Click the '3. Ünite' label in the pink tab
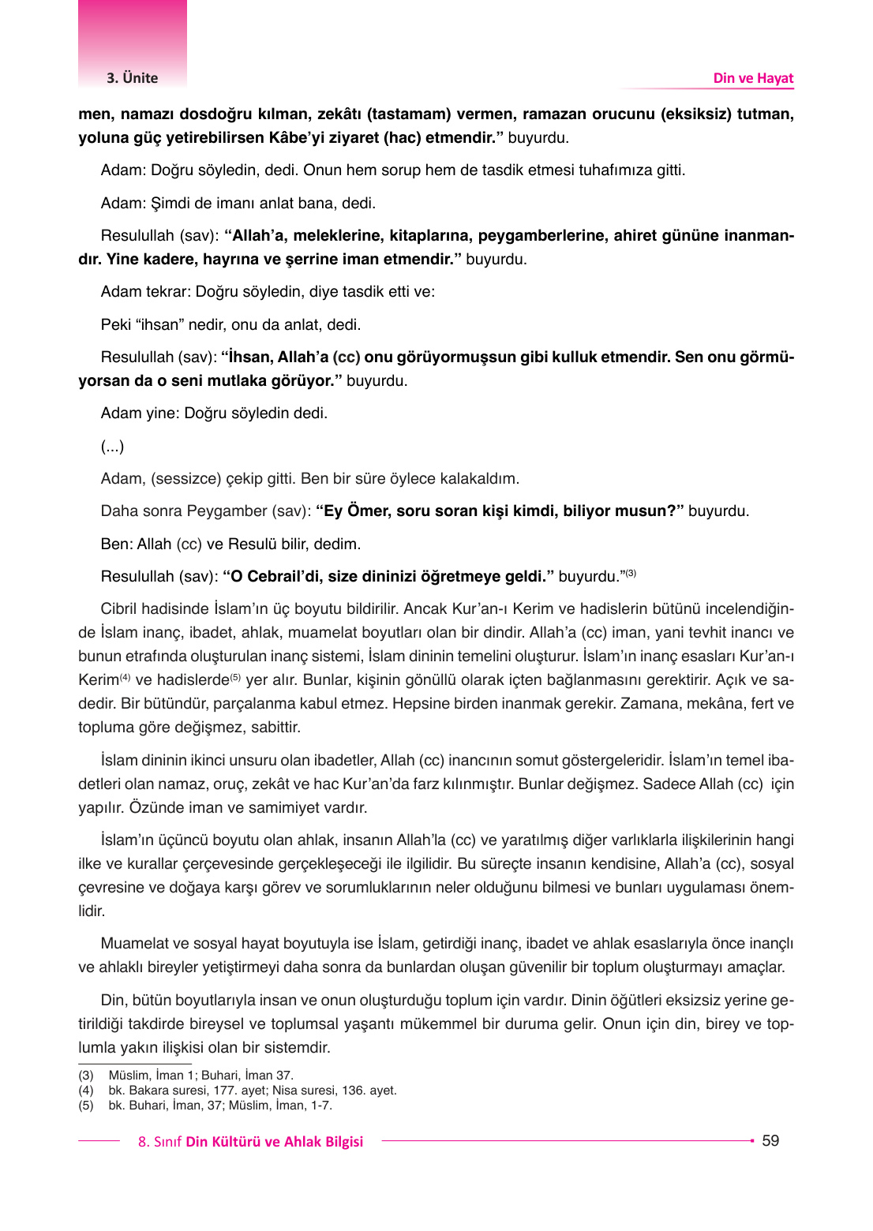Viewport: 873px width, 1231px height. (x=132, y=78)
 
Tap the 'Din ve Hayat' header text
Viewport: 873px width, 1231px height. (x=753, y=78)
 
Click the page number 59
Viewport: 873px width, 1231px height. (x=770, y=1140)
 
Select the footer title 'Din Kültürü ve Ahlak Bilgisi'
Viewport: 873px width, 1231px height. (x=274, y=1142)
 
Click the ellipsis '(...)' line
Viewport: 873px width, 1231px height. (x=112, y=447)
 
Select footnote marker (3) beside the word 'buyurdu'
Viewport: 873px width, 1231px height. (x=631, y=573)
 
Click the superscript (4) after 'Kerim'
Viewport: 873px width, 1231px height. (x=125, y=677)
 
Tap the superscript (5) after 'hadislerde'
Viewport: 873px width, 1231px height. (x=235, y=677)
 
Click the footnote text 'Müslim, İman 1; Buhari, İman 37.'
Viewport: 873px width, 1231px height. (x=200, y=1076)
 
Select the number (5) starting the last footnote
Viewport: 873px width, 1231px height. (x=85, y=1106)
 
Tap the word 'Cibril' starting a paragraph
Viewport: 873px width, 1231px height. (x=121, y=609)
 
